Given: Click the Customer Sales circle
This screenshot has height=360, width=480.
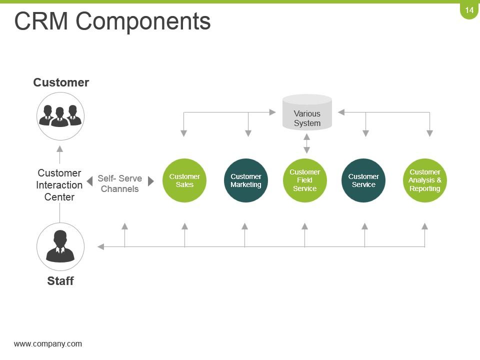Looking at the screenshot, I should pos(184,180).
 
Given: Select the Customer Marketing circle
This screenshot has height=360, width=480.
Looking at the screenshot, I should pos(245,180).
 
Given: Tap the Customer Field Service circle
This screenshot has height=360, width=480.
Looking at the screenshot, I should pos(304,180).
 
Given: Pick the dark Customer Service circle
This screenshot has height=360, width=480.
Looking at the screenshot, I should pos(363,180).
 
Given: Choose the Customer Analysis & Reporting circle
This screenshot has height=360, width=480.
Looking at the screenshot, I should pos(424,180).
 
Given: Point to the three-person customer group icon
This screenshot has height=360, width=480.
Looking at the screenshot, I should pos(60,116).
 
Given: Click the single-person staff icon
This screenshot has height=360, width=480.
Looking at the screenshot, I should pos(60,246).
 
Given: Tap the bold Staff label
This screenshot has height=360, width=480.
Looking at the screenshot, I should pos(60,281).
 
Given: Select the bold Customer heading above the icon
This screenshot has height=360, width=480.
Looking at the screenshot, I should pos(61,82).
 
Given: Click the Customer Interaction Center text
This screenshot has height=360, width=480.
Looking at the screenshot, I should pos(59,185).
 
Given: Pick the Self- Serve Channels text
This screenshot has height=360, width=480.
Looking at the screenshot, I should pos(119,183).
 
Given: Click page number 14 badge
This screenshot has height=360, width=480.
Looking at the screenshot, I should pos(469,10).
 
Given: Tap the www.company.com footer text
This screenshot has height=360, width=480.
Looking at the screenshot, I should pos(48,343).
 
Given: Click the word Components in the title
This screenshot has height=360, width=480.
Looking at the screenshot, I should pos(143,21).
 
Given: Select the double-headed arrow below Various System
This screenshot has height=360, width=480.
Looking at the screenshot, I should pos(307,143).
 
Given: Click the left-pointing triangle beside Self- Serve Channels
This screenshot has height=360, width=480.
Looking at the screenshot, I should pos(90,181).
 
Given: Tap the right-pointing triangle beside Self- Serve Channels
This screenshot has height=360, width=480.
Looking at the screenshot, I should pos(151,181).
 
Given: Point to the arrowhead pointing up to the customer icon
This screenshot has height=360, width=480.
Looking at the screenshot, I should pos(60,148).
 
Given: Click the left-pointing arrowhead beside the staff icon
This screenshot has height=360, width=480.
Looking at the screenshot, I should pos(100,246).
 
